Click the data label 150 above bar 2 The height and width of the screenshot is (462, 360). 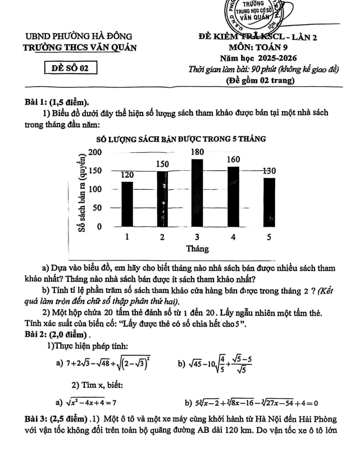tap(162, 163)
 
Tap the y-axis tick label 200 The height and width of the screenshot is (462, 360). tap(95, 153)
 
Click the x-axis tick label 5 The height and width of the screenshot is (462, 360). tap(268, 237)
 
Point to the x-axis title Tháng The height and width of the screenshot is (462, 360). tap(198, 248)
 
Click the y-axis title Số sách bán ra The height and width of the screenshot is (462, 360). tap(83, 194)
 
